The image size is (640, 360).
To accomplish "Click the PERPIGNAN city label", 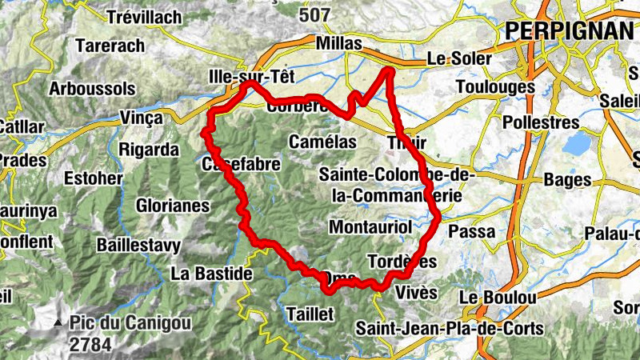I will coord(569,30).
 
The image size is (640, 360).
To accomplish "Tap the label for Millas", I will coord(339,43).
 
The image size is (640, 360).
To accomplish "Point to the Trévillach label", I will coord(140,17).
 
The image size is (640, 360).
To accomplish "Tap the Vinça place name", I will coord(140,118).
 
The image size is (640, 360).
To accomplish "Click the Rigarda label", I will coord(149,150).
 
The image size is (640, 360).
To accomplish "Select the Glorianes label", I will coord(173,206).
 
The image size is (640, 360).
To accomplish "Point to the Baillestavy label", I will coord(138,244).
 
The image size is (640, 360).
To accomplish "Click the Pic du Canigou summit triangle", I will coord(58,324).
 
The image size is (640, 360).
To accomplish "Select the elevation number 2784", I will coord(90,345).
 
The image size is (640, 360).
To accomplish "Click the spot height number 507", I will coord(314,14).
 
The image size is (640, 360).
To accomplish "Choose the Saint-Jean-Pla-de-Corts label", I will coord(450,328).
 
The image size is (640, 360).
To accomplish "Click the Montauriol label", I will coord(370,227).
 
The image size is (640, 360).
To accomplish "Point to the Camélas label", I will coord(322,142).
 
